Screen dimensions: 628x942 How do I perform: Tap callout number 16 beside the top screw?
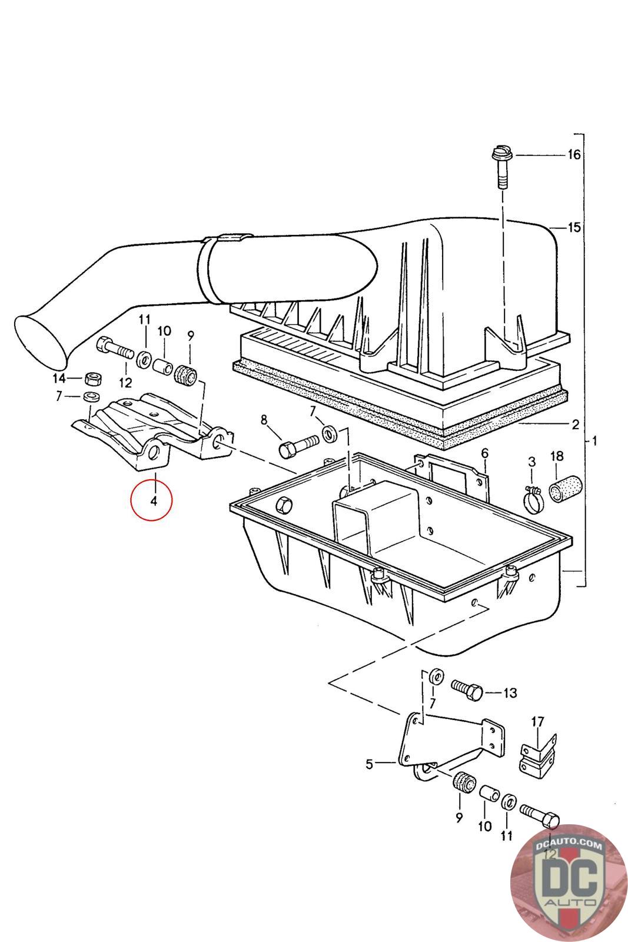point(573,155)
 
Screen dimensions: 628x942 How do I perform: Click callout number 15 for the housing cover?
point(574,227)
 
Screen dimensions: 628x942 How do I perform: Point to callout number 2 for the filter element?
point(575,424)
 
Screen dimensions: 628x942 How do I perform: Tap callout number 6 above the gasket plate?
point(484,453)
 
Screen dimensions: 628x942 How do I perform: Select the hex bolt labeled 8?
point(300,446)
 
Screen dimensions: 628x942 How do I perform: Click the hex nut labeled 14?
point(92,379)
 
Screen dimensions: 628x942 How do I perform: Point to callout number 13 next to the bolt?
point(510,692)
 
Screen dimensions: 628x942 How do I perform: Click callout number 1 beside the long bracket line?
point(594,441)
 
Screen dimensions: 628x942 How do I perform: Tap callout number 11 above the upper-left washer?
point(145,320)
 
